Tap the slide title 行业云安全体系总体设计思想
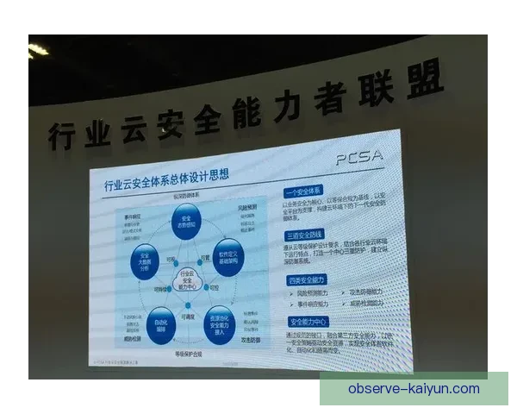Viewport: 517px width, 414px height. (167, 184)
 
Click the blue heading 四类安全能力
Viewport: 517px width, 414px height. (306, 279)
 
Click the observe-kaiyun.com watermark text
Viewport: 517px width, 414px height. (414, 389)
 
